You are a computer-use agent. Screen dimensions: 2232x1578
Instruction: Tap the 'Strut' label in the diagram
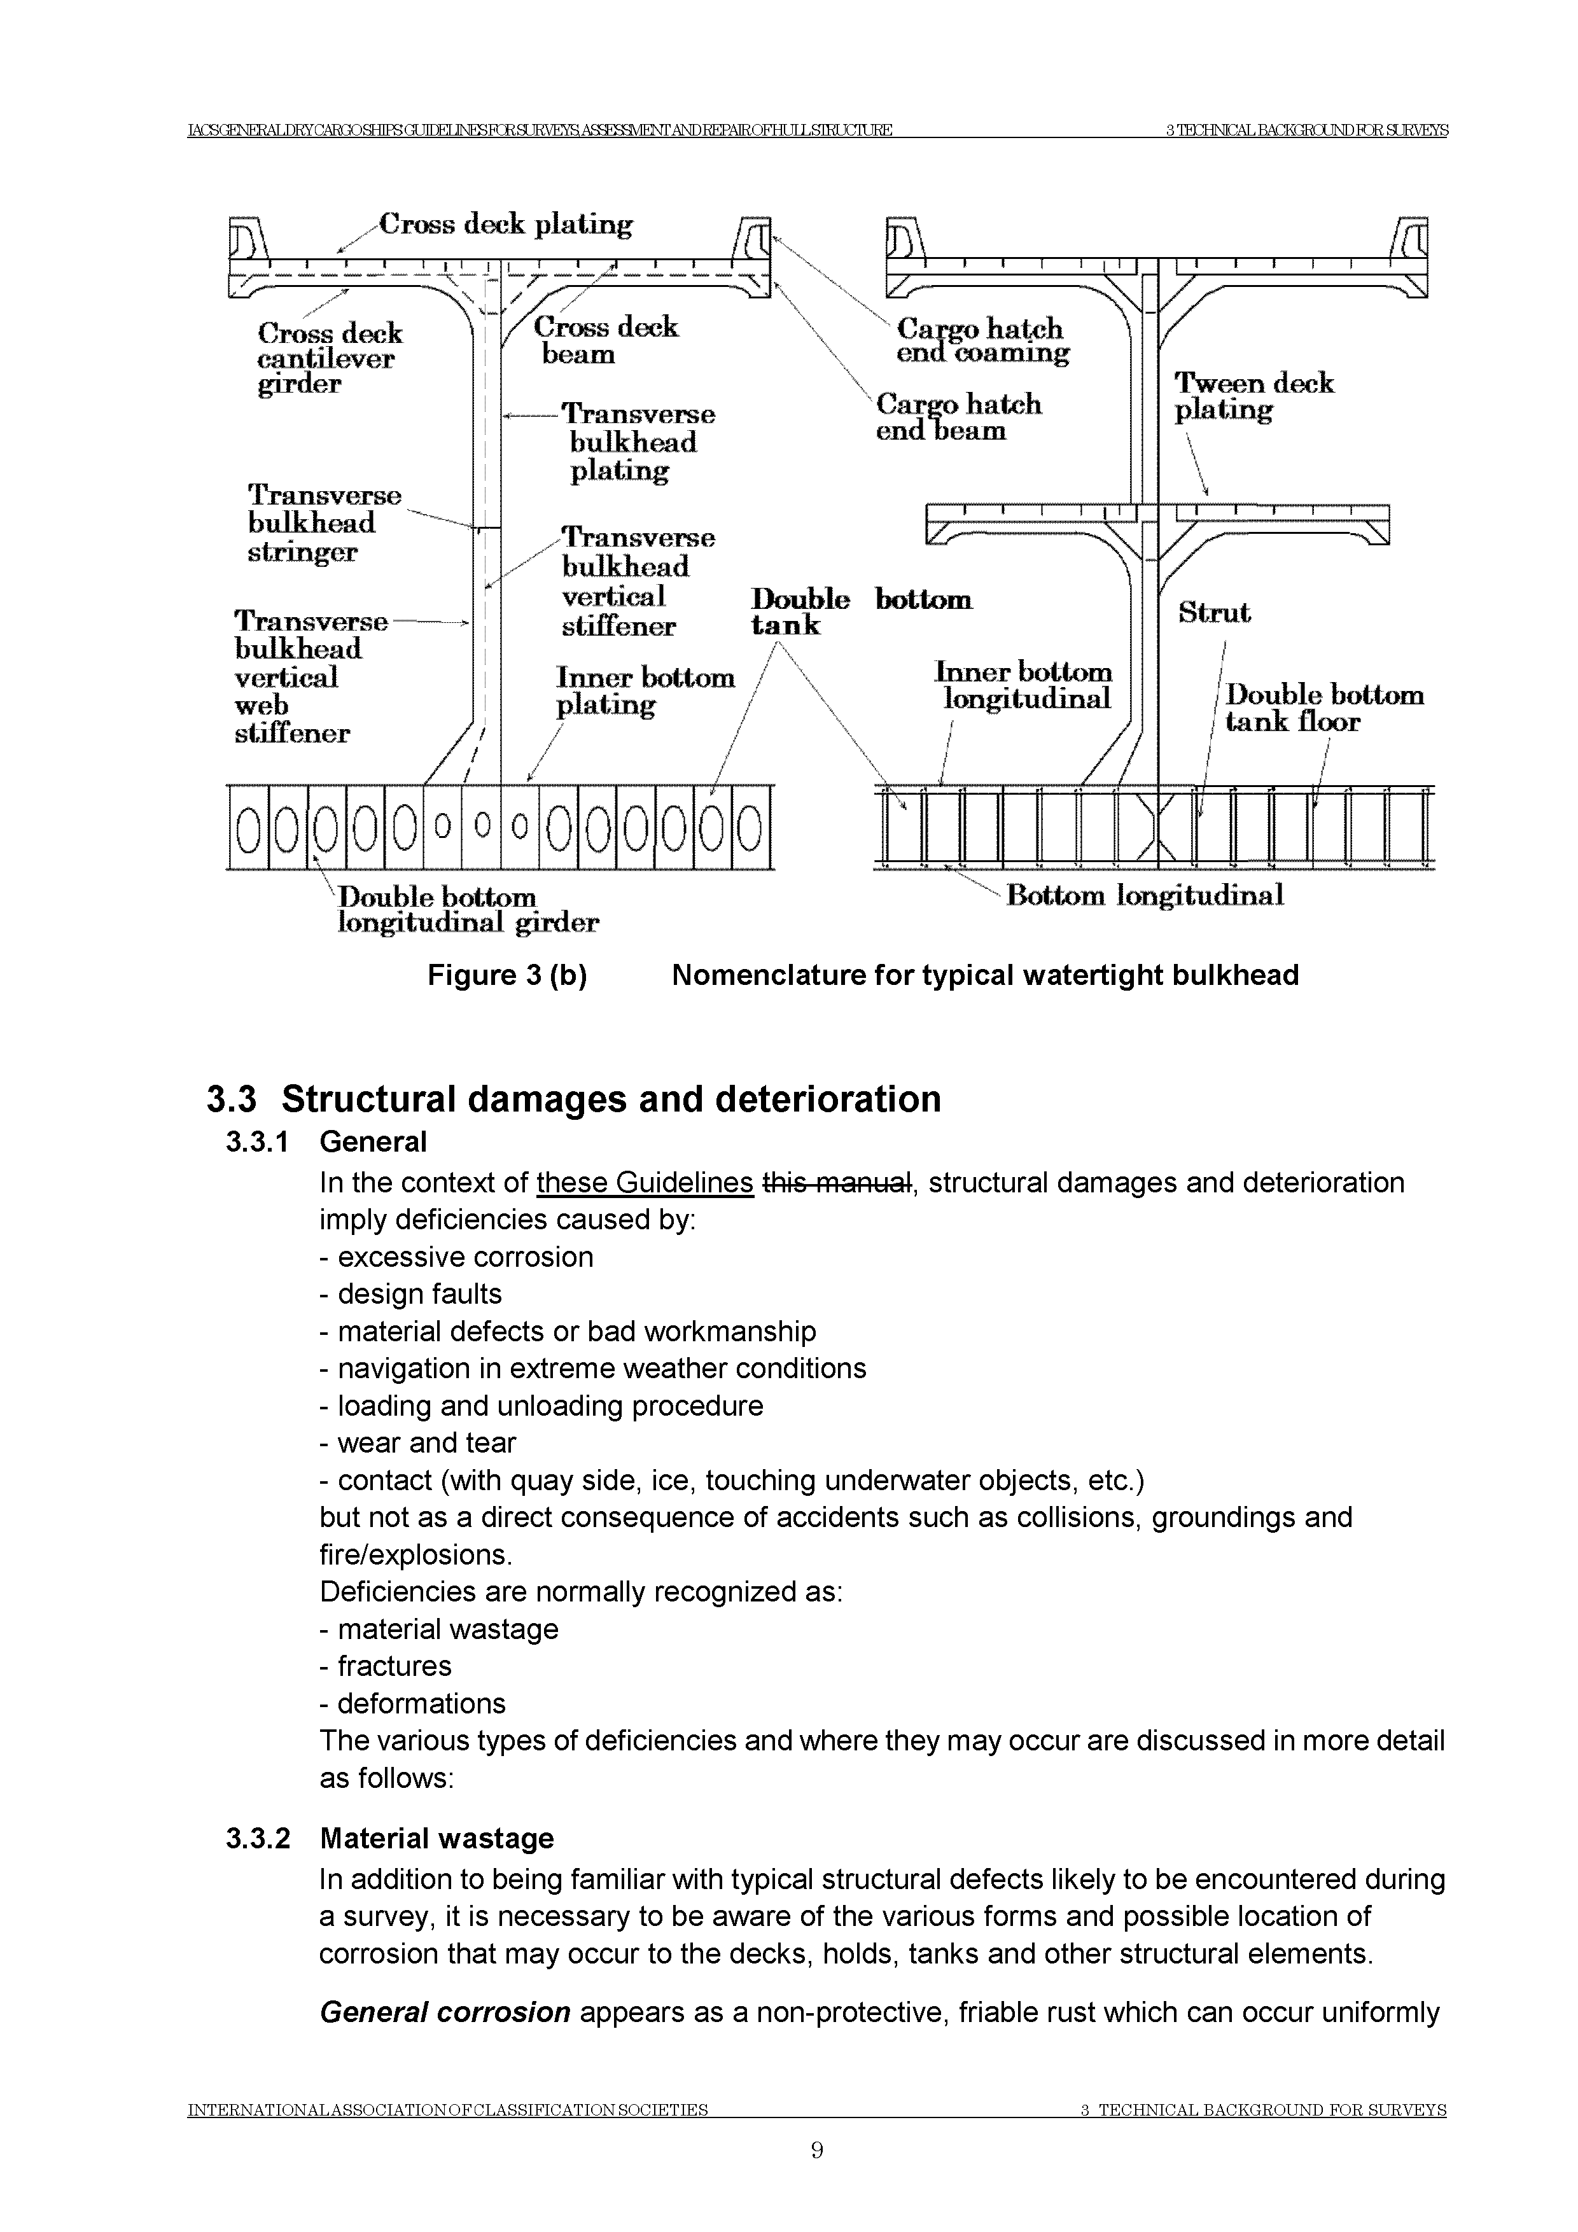coord(1213,613)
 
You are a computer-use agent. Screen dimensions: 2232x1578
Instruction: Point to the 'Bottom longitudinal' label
coord(1144,895)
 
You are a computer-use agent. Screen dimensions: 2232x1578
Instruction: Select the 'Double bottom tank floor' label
coord(1323,708)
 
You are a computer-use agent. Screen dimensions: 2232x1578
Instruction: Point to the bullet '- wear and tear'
coord(417,1442)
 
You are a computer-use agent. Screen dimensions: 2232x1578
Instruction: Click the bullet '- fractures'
coord(385,1666)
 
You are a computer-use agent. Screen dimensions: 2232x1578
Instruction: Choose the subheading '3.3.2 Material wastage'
coord(389,1838)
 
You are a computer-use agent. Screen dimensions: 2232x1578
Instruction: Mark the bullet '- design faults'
coord(410,1294)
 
